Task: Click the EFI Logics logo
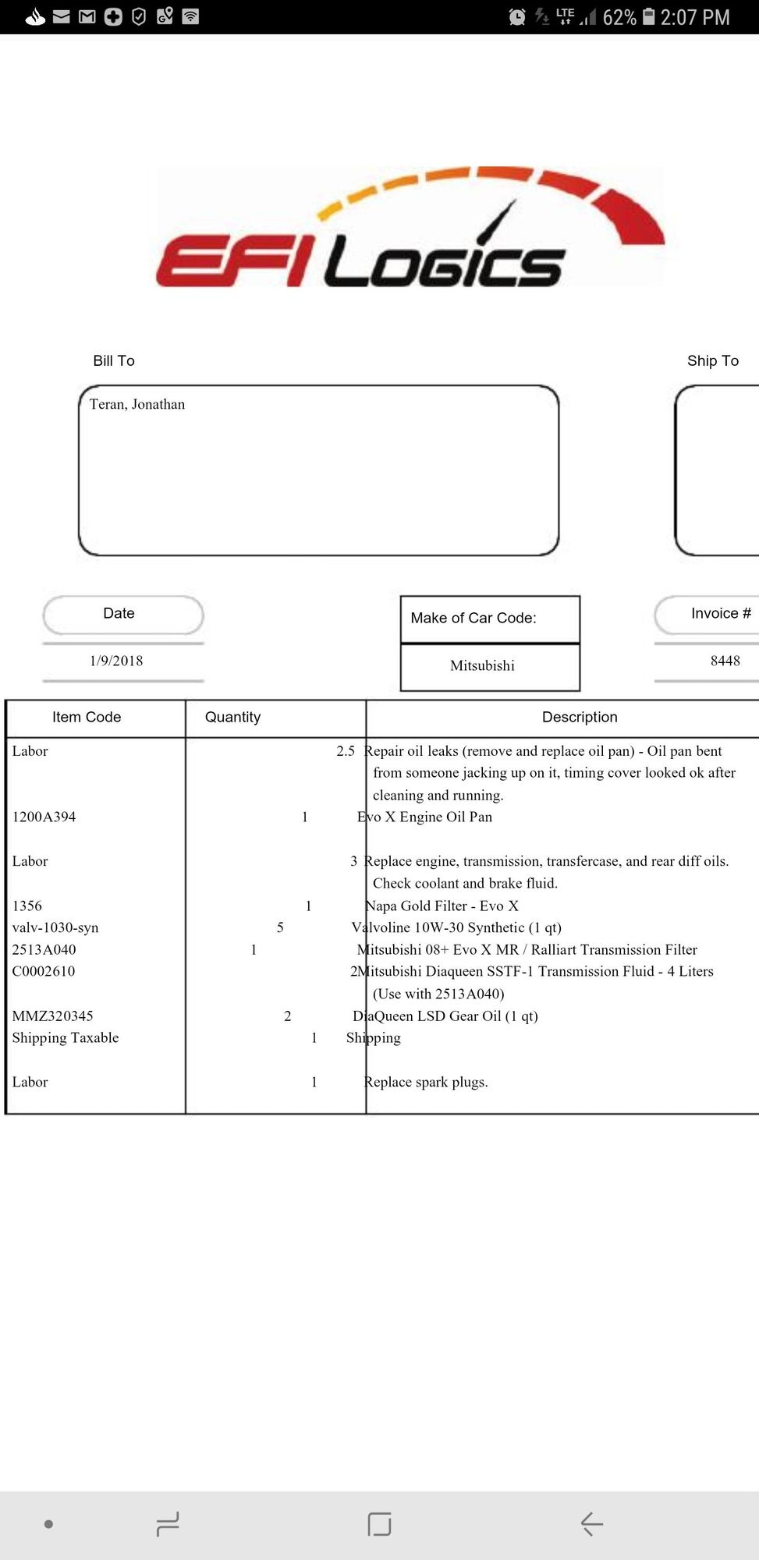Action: pos(410,228)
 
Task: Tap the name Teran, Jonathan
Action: pos(137,404)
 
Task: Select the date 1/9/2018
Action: pos(116,661)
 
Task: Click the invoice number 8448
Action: pos(725,661)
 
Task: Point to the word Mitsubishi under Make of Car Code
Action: pos(482,665)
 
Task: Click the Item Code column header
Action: pos(87,717)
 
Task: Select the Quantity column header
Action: pos(232,717)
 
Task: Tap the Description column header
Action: pos(580,717)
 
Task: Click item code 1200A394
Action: pos(44,817)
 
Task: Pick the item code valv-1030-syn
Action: pos(55,927)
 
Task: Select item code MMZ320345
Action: pos(53,1016)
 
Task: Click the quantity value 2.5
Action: pos(346,751)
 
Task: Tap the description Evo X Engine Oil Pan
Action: pos(425,817)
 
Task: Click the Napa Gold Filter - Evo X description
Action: pos(442,906)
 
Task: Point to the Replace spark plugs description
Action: pos(426,1082)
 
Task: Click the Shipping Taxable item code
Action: pos(66,1037)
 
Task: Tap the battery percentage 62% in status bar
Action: pos(619,17)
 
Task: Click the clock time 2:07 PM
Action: pos(695,17)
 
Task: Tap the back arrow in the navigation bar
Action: pos(592,1523)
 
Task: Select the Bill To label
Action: pos(114,360)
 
